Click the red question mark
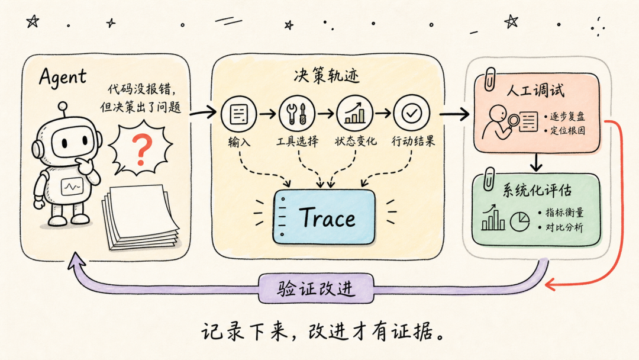[x=142, y=149]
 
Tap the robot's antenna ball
[x=62, y=106]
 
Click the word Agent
[x=63, y=77]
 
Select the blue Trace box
[x=324, y=217]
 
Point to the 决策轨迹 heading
[x=327, y=76]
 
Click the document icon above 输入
[x=239, y=114]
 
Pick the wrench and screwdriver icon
[x=296, y=114]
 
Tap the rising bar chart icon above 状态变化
[x=354, y=114]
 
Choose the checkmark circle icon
[x=412, y=114]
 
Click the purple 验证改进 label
[x=316, y=289]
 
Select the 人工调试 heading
[x=535, y=90]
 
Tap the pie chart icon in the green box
[x=519, y=221]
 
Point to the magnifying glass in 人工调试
[x=512, y=121]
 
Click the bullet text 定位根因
[x=567, y=130]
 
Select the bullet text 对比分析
[x=564, y=227]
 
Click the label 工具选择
[x=297, y=142]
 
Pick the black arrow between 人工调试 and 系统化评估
[x=536, y=162]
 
